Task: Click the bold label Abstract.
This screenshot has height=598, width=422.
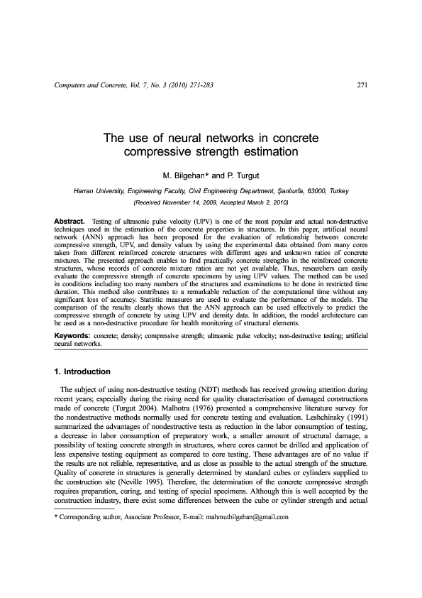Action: coord(70,222)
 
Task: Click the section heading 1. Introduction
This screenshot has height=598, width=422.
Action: coord(82,371)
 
